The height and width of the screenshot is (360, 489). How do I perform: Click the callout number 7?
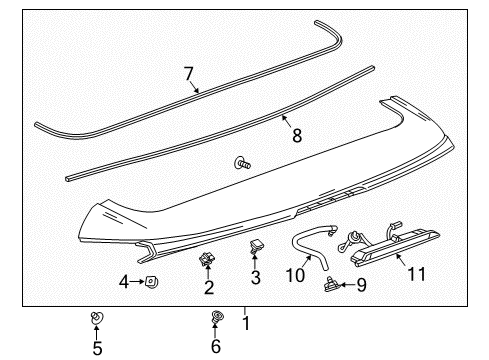(x=187, y=72)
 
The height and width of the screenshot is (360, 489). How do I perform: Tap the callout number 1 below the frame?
(x=244, y=322)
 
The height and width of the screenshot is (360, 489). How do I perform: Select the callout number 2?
(x=209, y=288)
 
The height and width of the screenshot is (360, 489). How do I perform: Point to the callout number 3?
(x=255, y=277)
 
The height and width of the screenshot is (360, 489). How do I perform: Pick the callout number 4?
(x=125, y=282)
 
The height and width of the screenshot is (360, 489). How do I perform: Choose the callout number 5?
(x=97, y=348)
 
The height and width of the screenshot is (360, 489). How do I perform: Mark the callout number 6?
(x=216, y=348)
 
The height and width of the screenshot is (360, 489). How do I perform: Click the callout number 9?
(x=361, y=284)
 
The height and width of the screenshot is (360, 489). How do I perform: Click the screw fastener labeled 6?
(x=217, y=319)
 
